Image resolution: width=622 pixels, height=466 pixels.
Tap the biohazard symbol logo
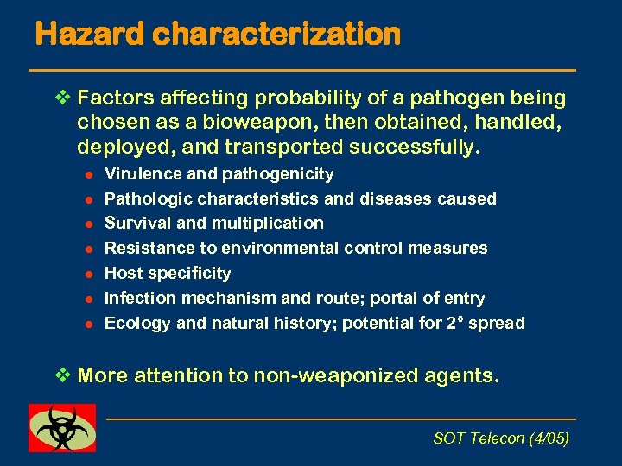pos(62,428)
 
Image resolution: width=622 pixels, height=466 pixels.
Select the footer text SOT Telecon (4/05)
pos(500,438)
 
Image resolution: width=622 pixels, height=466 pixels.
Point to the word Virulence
pos(137,174)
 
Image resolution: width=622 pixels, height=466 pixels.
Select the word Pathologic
pos(143,199)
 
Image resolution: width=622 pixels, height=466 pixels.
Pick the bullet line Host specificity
pos(168,274)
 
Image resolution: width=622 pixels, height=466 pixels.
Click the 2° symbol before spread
pos(470,323)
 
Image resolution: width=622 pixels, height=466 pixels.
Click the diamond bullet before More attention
pos(60,375)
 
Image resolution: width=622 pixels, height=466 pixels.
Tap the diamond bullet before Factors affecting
pos(60,98)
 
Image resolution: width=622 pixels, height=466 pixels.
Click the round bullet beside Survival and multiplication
pos(87,224)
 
